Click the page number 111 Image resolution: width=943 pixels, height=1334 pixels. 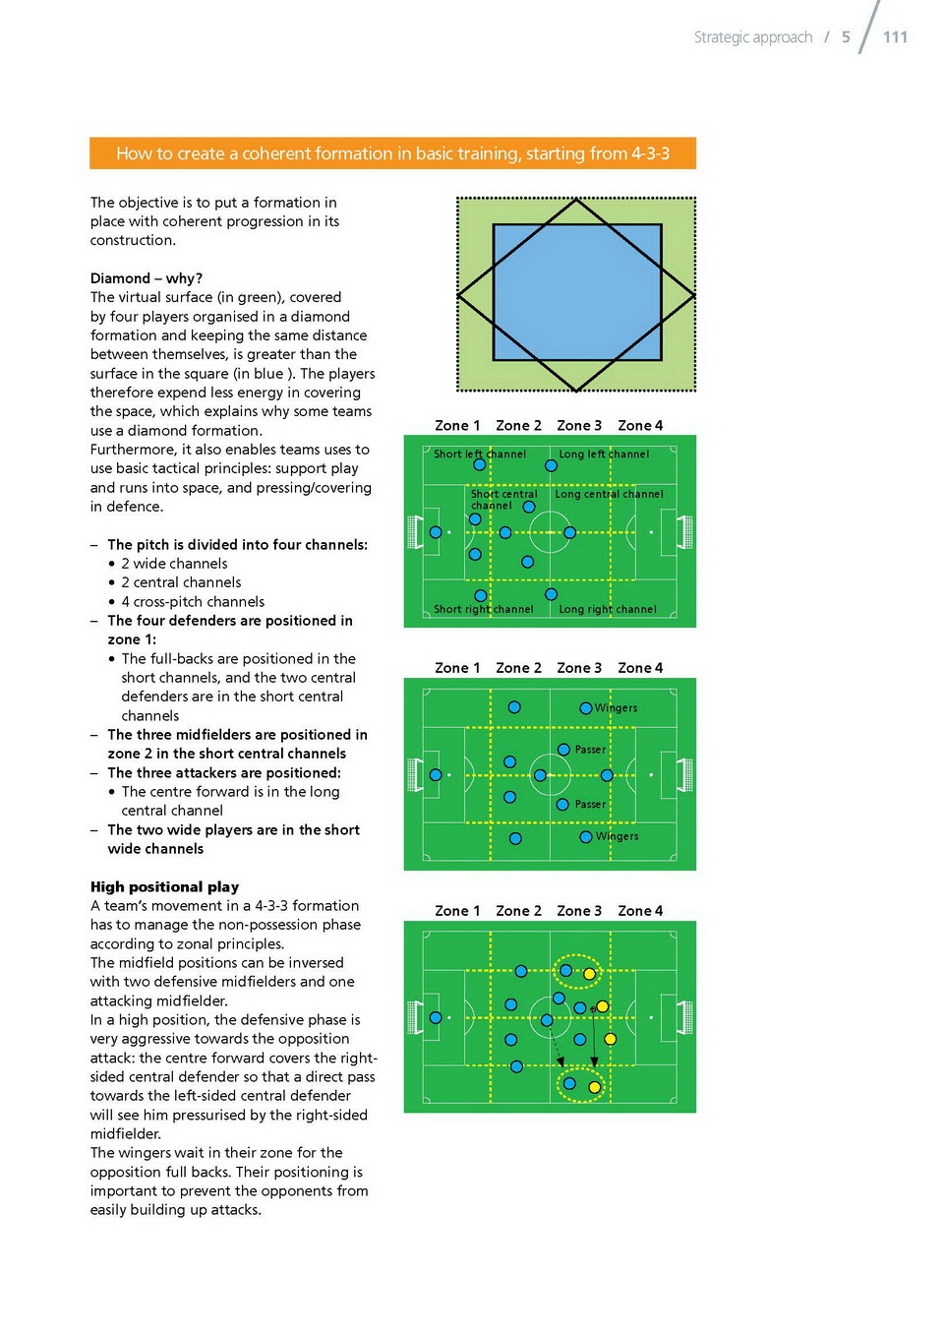click(x=895, y=37)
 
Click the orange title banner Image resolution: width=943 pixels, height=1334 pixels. click(x=392, y=153)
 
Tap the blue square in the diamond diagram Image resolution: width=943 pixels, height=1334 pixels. click(x=576, y=293)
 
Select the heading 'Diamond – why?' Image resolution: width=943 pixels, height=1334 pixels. click(x=147, y=278)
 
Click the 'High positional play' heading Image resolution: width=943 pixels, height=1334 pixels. click(x=164, y=886)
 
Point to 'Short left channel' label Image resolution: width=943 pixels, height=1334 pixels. click(x=480, y=455)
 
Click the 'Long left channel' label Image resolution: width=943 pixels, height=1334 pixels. click(x=604, y=455)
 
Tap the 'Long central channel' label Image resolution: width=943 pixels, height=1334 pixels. click(x=609, y=494)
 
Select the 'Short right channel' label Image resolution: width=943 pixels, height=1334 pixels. click(x=484, y=610)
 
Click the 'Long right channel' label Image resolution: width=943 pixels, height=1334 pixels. click(x=608, y=610)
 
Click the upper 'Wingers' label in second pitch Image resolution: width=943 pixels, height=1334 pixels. click(x=616, y=708)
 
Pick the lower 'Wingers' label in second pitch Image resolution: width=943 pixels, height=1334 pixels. click(x=617, y=836)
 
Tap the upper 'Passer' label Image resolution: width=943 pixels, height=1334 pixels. click(x=590, y=750)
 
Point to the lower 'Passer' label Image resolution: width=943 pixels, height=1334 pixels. click(x=590, y=805)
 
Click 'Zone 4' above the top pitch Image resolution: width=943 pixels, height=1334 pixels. click(x=640, y=426)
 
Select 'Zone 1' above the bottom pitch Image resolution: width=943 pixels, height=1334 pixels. click(x=457, y=911)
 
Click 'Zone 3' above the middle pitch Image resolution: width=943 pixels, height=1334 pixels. click(x=579, y=668)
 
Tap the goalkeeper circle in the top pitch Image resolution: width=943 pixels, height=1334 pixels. click(x=436, y=532)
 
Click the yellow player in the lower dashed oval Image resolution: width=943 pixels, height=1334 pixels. click(x=594, y=1087)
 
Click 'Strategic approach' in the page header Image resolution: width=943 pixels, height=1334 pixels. click(x=753, y=37)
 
